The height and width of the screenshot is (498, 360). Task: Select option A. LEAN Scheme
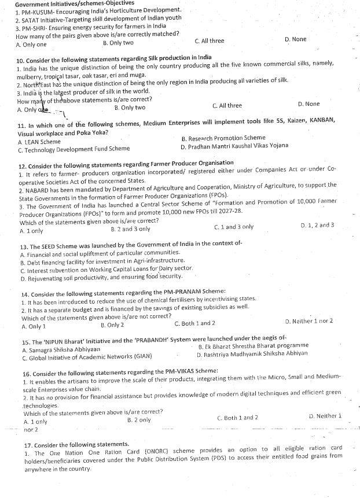pyautogui.click(x=39, y=141)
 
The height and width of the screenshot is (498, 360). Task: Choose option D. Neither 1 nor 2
pyautogui.click(x=309, y=321)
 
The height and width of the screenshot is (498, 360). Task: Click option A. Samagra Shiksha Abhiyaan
pyautogui.click(x=61, y=350)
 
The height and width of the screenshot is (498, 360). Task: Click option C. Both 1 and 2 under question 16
pyautogui.click(x=237, y=417)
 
